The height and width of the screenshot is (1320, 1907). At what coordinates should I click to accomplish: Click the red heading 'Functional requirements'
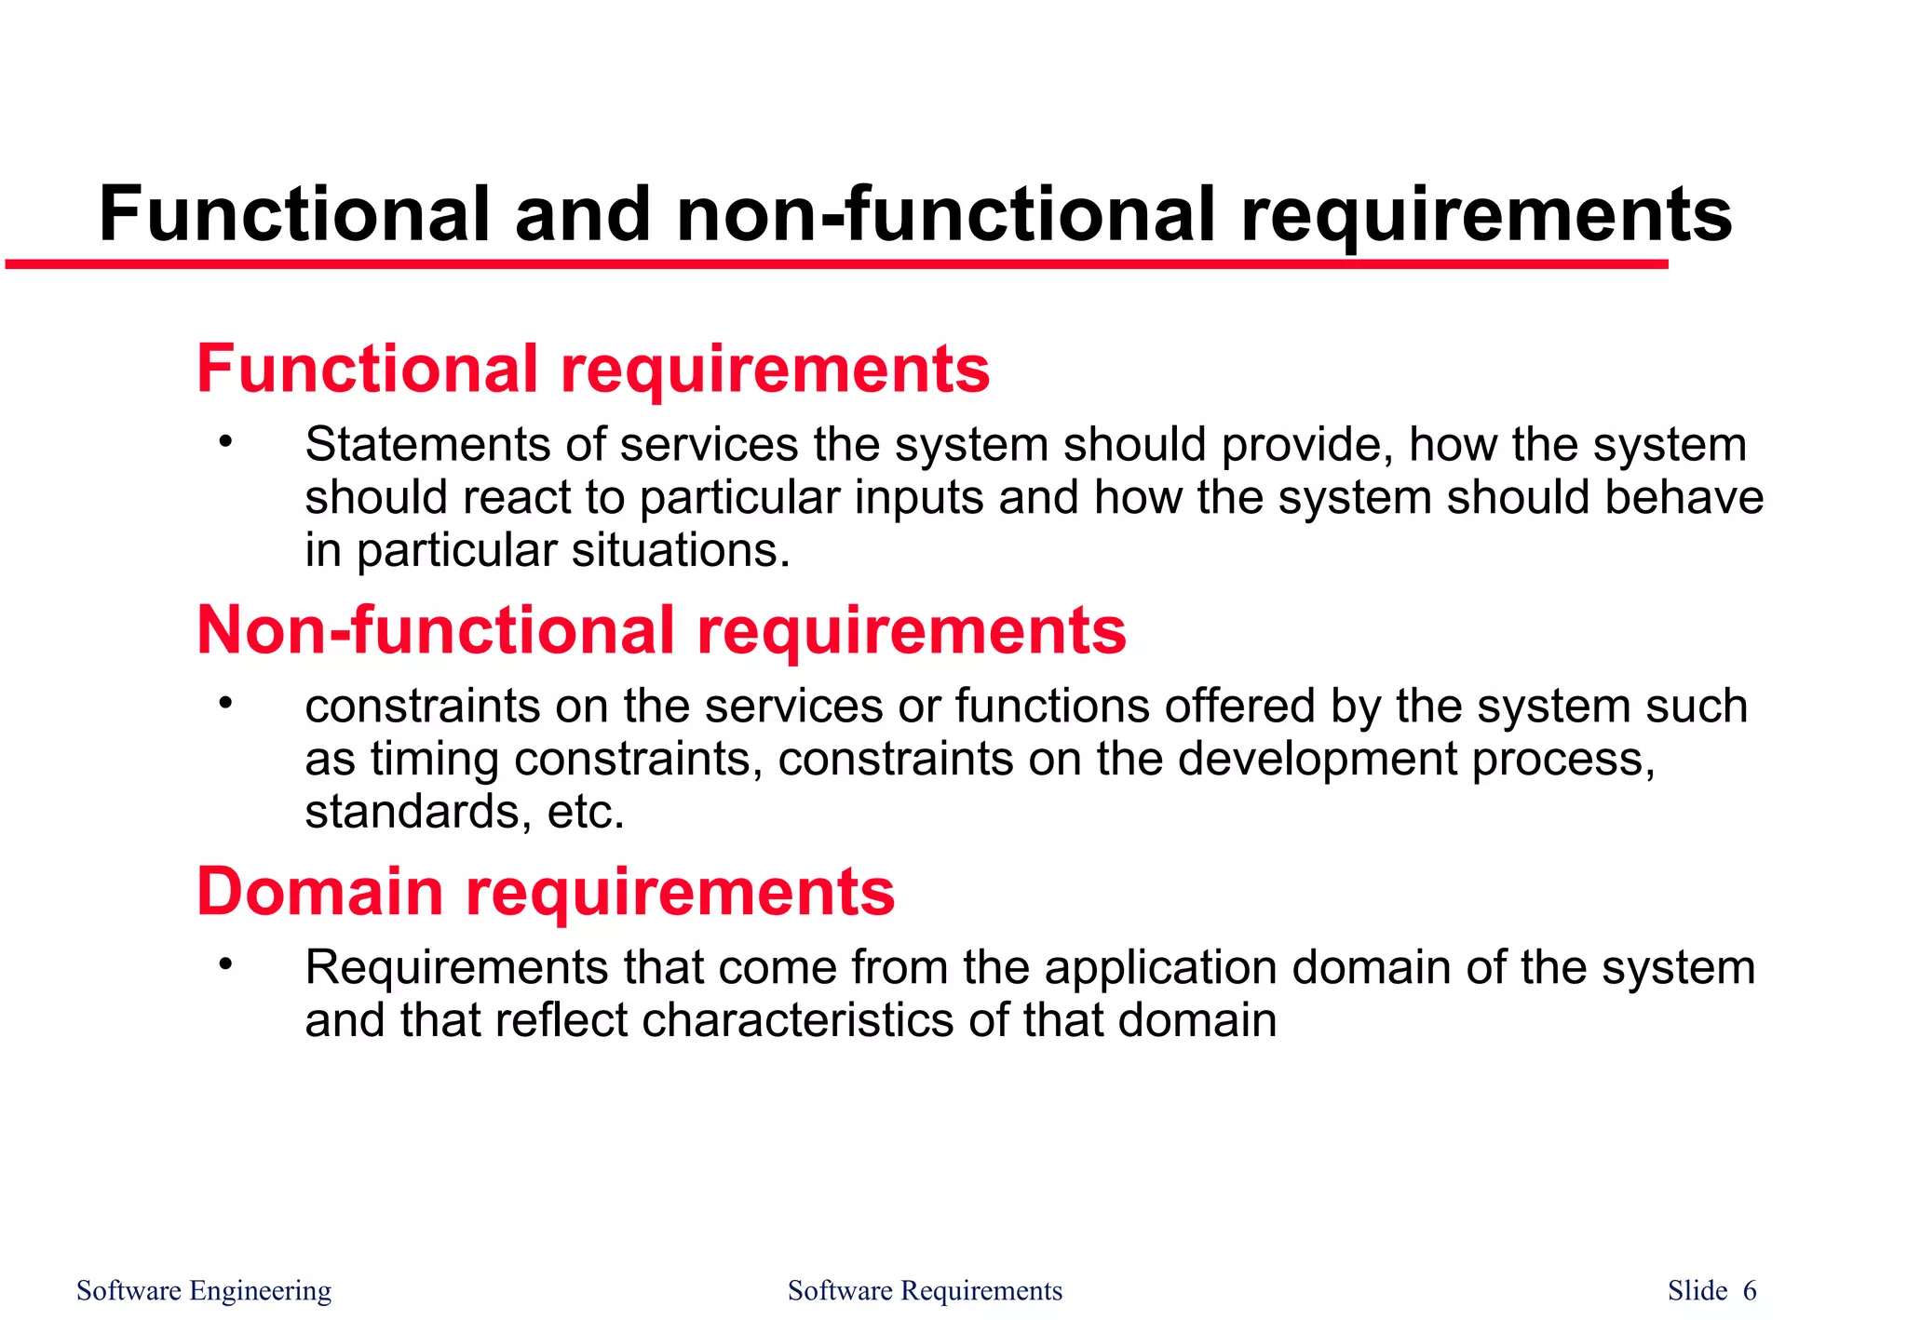point(593,369)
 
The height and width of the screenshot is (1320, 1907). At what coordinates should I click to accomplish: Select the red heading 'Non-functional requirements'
point(661,630)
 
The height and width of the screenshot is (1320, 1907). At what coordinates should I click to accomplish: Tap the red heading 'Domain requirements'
point(546,892)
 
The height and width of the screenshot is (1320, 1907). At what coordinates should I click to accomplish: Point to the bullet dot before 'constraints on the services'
point(224,703)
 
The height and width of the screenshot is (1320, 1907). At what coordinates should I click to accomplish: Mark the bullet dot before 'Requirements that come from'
point(224,964)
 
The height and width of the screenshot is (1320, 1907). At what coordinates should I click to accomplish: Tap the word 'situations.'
point(681,550)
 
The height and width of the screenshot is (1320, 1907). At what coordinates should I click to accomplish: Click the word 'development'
point(1317,759)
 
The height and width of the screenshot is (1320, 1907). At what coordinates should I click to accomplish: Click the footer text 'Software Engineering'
point(203,1290)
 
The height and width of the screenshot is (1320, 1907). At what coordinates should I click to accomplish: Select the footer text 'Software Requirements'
point(925,1290)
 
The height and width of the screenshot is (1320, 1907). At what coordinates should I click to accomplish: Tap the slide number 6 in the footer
point(1750,1290)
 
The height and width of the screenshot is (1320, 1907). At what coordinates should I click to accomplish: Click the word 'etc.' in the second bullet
point(586,812)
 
